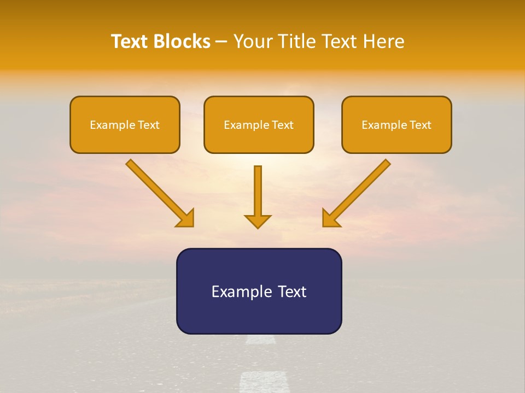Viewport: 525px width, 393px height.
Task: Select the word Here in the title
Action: point(383,41)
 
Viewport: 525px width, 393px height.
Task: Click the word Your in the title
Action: point(252,41)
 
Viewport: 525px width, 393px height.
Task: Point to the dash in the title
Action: point(222,42)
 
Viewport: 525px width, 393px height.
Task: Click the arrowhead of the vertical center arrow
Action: point(258,221)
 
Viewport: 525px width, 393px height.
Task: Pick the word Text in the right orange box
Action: point(421,125)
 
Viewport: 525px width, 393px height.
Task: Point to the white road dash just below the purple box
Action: point(260,340)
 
